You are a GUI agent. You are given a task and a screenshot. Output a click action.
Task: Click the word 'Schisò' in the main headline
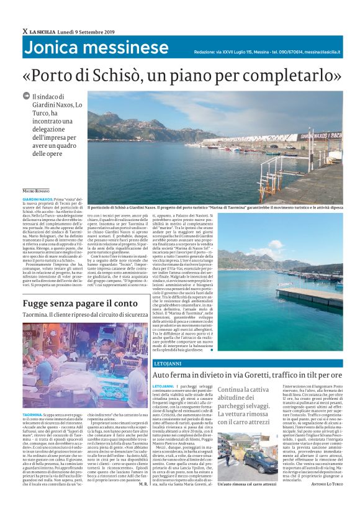tap(158, 76)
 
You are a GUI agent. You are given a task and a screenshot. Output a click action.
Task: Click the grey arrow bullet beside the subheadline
tap(35, 96)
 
